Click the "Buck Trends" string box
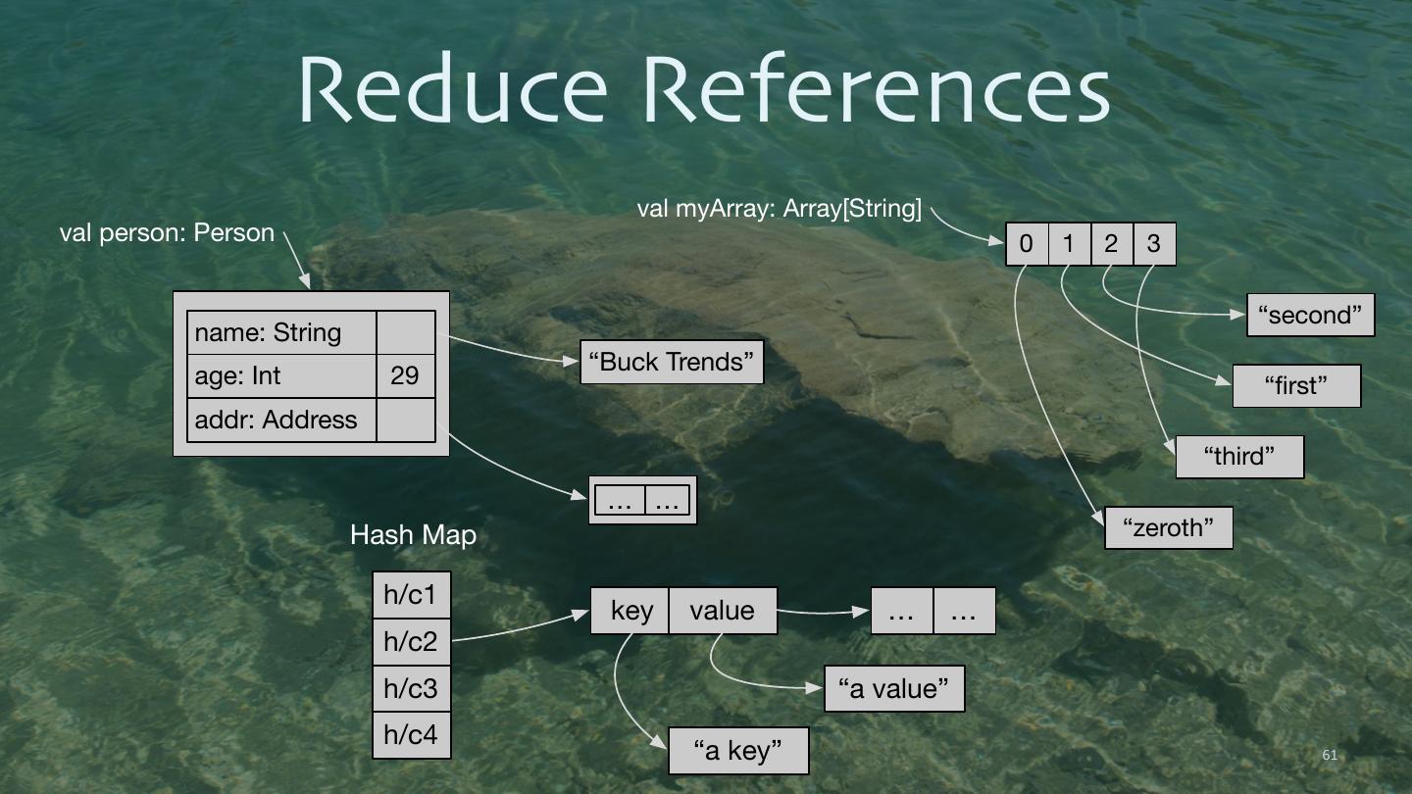(x=672, y=362)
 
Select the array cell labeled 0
(x=1027, y=244)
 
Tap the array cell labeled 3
(x=1154, y=244)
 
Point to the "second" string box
(x=1310, y=315)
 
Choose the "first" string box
(x=1296, y=385)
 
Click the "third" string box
(x=1239, y=456)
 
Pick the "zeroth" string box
(x=1168, y=527)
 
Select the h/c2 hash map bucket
(x=411, y=642)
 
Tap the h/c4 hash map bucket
(x=411, y=735)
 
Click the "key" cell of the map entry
(x=630, y=611)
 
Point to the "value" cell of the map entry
(x=723, y=611)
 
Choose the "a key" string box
(x=738, y=751)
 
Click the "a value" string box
(x=894, y=688)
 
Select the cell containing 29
(x=405, y=376)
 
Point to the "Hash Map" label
(x=413, y=535)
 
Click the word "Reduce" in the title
(x=452, y=90)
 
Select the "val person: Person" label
(x=167, y=233)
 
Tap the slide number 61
(x=1330, y=755)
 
